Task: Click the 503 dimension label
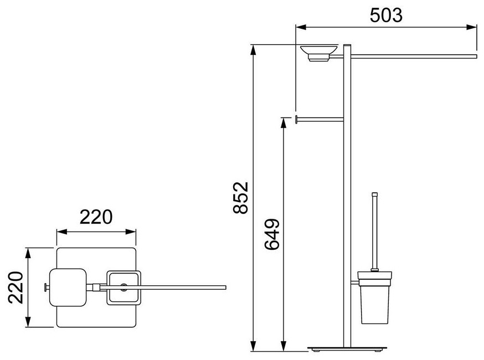(x=386, y=16)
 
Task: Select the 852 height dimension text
(x=241, y=198)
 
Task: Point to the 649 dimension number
(x=272, y=234)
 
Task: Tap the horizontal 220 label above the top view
(x=96, y=217)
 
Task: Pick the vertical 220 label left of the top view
(x=16, y=287)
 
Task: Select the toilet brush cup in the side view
(x=375, y=297)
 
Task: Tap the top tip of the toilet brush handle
(x=375, y=193)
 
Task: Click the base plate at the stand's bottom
(x=347, y=349)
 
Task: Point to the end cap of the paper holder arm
(x=296, y=119)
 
